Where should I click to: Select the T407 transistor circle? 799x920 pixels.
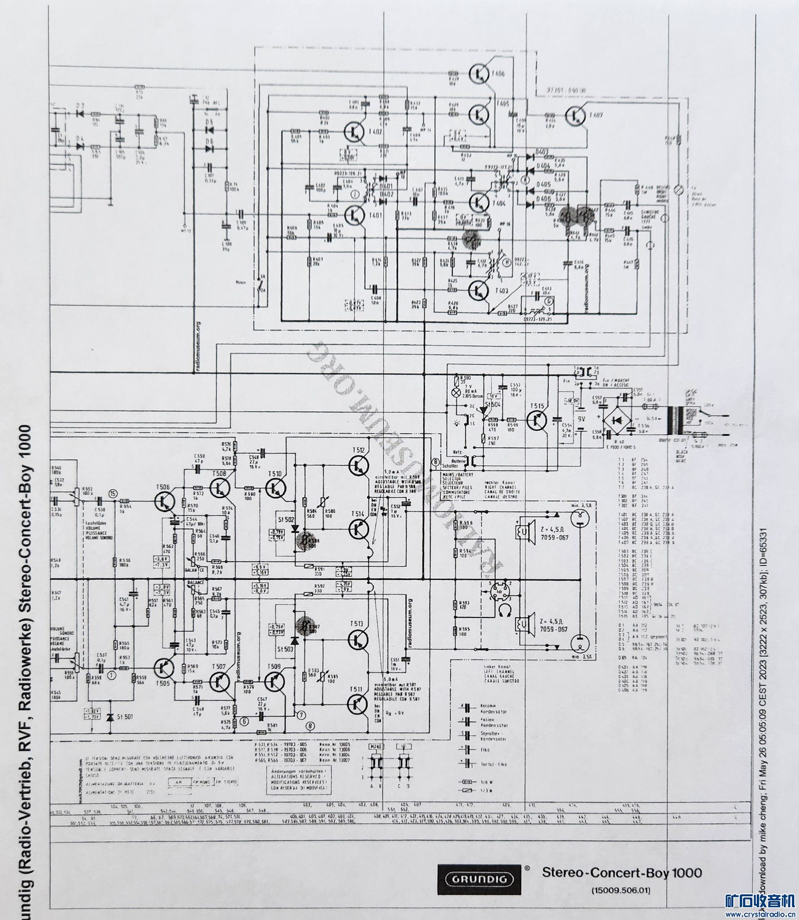[x=576, y=116]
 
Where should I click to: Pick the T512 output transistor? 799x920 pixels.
[x=359, y=465]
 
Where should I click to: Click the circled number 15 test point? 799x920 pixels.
[x=115, y=493]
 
